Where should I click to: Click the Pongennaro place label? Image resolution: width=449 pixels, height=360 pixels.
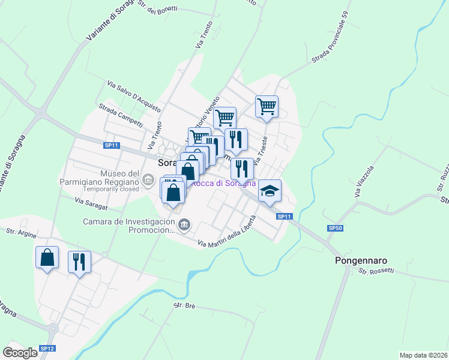point(360,261)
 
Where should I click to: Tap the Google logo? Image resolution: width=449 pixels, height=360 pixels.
point(20,353)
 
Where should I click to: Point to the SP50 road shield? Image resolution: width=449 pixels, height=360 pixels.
point(335,229)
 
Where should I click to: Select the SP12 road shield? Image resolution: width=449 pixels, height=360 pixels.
point(47,349)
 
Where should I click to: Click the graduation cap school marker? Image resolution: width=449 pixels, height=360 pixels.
point(270,191)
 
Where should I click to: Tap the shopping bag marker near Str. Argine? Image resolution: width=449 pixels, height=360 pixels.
point(47,257)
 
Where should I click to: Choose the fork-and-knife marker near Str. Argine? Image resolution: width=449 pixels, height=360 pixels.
point(79,262)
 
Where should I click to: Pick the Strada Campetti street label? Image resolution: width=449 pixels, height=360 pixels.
point(121,115)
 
